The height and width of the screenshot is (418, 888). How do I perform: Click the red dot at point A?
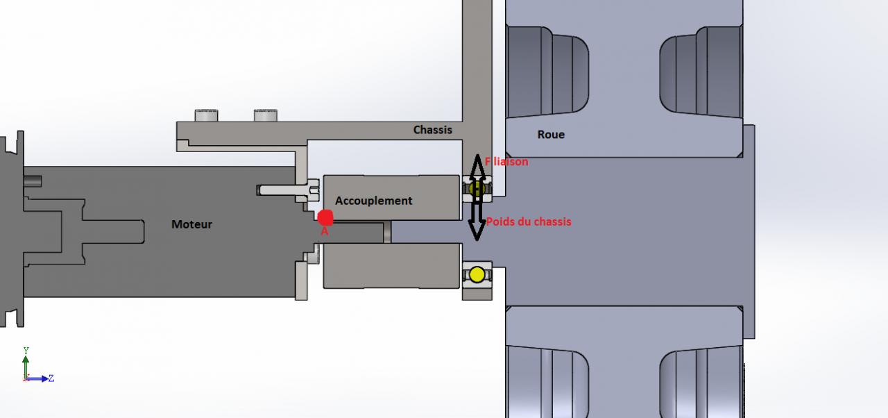click(x=325, y=217)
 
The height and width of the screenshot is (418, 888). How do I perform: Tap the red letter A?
click(x=324, y=232)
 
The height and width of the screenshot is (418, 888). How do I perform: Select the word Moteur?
click(x=191, y=224)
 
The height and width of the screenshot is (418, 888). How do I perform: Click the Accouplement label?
click(x=373, y=201)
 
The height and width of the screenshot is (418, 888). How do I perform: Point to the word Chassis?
click(x=432, y=130)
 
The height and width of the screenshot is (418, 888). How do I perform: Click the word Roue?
click(x=551, y=135)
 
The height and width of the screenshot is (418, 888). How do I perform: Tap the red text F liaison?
click(x=506, y=162)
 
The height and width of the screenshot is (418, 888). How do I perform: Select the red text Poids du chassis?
click(x=529, y=221)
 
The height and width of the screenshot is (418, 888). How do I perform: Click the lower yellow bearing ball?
click(x=477, y=274)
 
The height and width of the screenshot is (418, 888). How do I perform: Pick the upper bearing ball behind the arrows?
click(x=476, y=188)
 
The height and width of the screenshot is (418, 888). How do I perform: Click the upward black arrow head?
click(x=477, y=165)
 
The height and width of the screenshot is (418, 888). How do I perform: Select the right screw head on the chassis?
click(x=266, y=115)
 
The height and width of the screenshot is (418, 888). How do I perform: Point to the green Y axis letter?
click(x=26, y=351)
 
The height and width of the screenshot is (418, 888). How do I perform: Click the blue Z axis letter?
click(x=51, y=378)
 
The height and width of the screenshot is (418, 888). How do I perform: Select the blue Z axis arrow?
click(x=40, y=378)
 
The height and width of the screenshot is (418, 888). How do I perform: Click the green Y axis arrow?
click(x=26, y=365)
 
